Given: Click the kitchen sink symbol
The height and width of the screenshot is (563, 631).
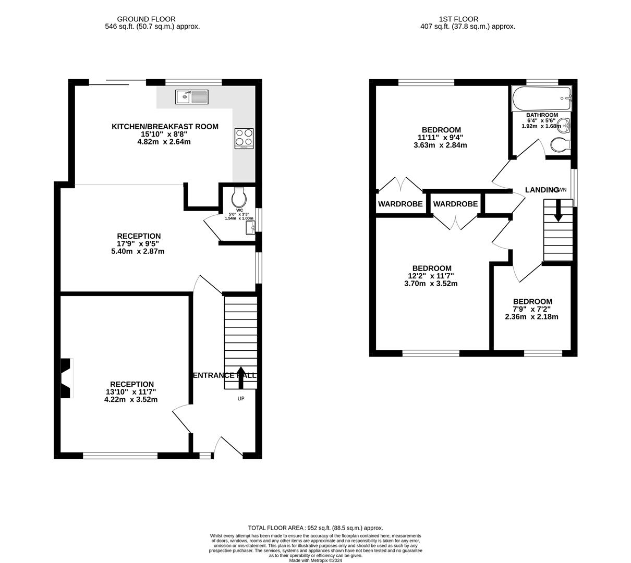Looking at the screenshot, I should click(x=192, y=96).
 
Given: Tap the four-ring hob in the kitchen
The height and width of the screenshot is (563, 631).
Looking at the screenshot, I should click(x=244, y=138).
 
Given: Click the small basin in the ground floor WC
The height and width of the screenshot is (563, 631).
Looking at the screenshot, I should click(x=250, y=227).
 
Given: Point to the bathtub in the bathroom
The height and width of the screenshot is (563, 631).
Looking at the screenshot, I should click(x=541, y=99).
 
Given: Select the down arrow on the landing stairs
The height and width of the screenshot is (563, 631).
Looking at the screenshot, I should click(x=558, y=212).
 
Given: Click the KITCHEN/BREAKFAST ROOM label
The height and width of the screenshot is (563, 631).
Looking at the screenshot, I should click(x=165, y=127).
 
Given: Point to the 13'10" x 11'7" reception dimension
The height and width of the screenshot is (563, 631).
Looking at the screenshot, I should click(x=131, y=392).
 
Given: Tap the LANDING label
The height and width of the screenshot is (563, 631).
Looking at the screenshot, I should click(x=542, y=190).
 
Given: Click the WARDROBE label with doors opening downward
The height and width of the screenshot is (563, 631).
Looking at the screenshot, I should click(x=455, y=204).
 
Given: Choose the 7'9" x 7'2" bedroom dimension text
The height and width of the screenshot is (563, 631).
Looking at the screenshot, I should click(x=532, y=309).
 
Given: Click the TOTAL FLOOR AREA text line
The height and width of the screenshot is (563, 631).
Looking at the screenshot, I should click(x=315, y=528).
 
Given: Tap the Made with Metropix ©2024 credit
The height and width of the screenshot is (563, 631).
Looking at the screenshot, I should click(x=315, y=560).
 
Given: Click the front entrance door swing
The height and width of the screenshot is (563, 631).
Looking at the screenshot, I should click(x=228, y=446).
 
